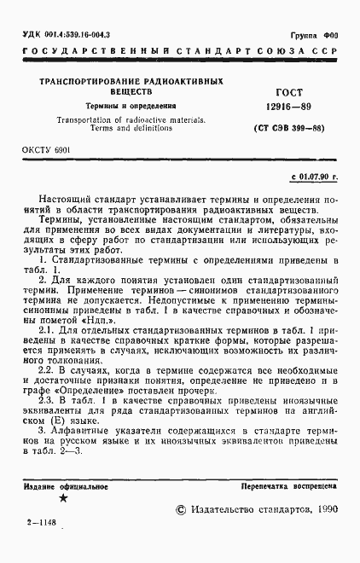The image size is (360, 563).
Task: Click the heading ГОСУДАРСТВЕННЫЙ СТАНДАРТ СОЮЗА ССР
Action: pos(180,53)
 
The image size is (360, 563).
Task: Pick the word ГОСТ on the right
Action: pos(290,90)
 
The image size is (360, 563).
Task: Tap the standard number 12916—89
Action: pos(290,106)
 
